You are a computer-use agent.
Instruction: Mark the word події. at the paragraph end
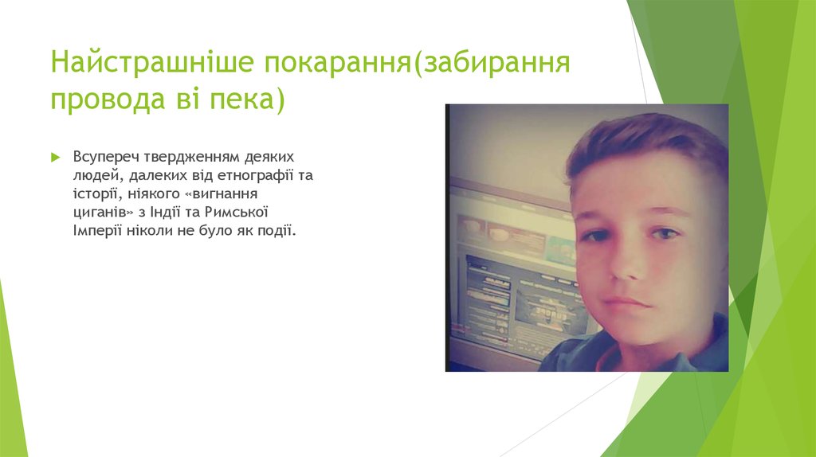click(x=276, y=230)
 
